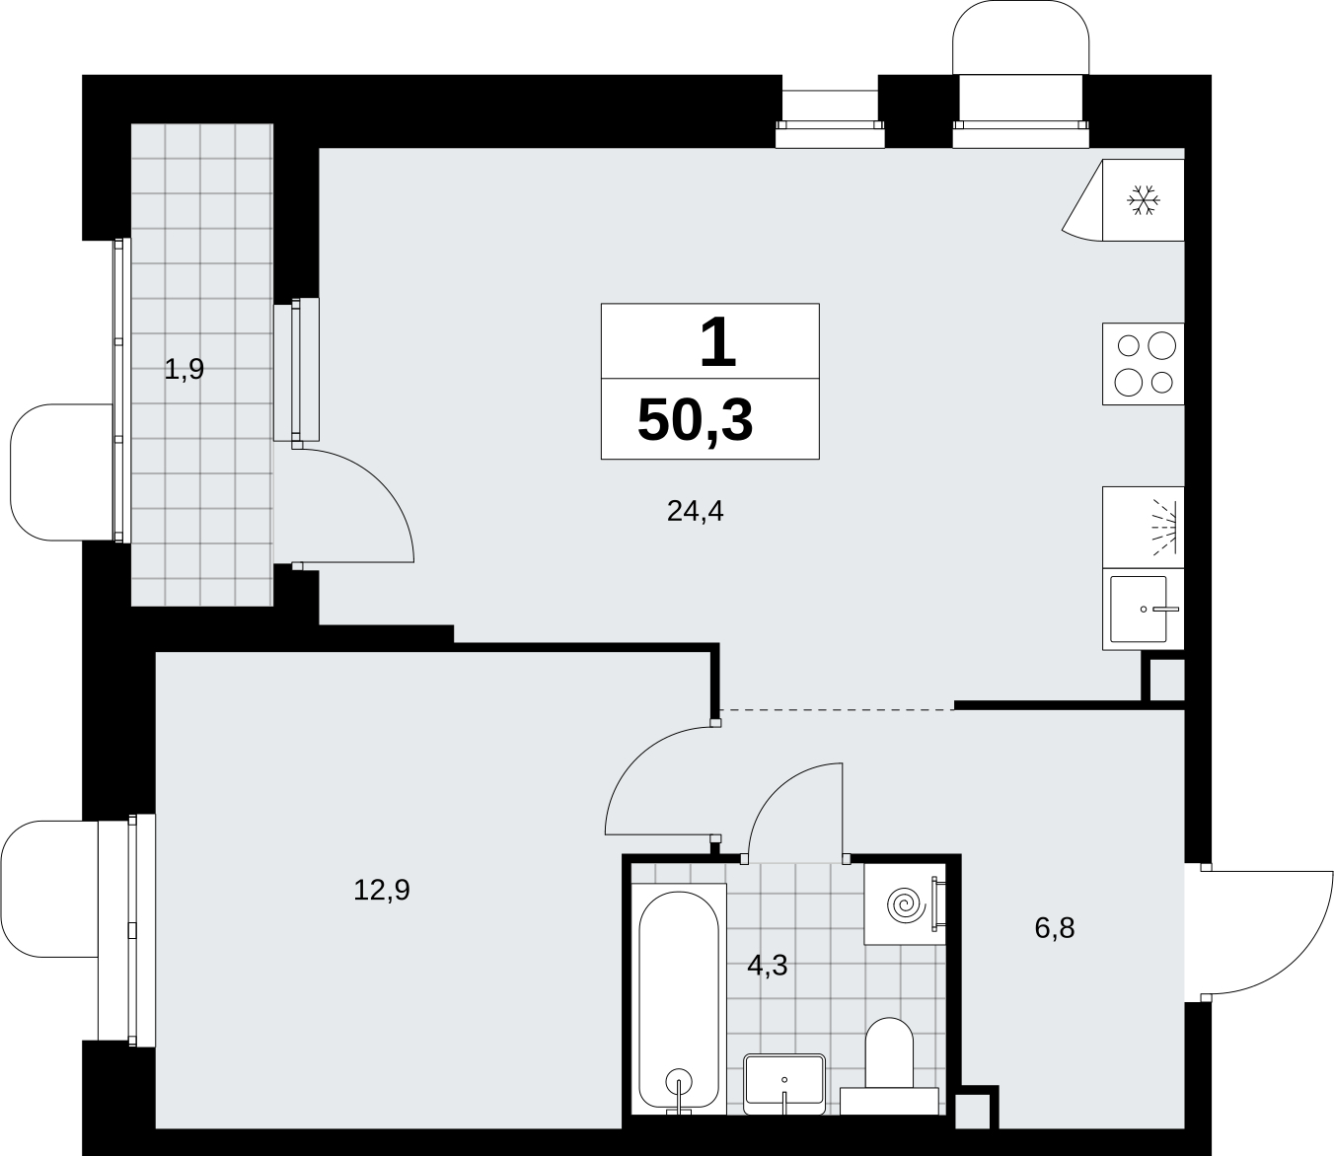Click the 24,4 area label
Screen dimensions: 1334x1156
click(695, 512)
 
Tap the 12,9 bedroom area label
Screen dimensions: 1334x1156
click(382, 891)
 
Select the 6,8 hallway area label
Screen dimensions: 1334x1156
click(1055, 928)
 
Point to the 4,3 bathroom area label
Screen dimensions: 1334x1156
click(768, 966)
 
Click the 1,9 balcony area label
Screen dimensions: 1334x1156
click(184, 370)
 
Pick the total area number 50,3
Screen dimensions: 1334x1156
click(695, 420)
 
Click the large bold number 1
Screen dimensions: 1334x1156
click(718, 343)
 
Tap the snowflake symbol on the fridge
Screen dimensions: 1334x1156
click(1144, 200)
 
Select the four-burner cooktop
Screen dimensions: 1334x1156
click(1143, 364)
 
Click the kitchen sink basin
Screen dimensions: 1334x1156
click(1139, 610)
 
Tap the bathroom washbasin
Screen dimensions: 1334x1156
click(784, 1084)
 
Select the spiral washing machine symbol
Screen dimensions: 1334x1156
click(904, 904)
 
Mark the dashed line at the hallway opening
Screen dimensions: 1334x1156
click(837, 709)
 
